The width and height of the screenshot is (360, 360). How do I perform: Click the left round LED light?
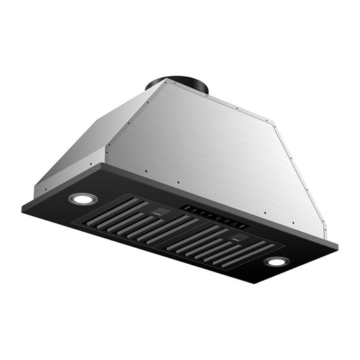point(83,199)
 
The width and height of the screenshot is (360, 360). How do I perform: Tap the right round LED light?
point(276,262)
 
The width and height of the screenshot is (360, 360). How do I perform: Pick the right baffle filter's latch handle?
point(240,239)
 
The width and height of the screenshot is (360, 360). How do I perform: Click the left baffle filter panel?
point(138,219)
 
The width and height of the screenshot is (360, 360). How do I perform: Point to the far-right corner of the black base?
point(338,244)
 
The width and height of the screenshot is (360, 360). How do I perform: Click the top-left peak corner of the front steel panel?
point(165,82)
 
